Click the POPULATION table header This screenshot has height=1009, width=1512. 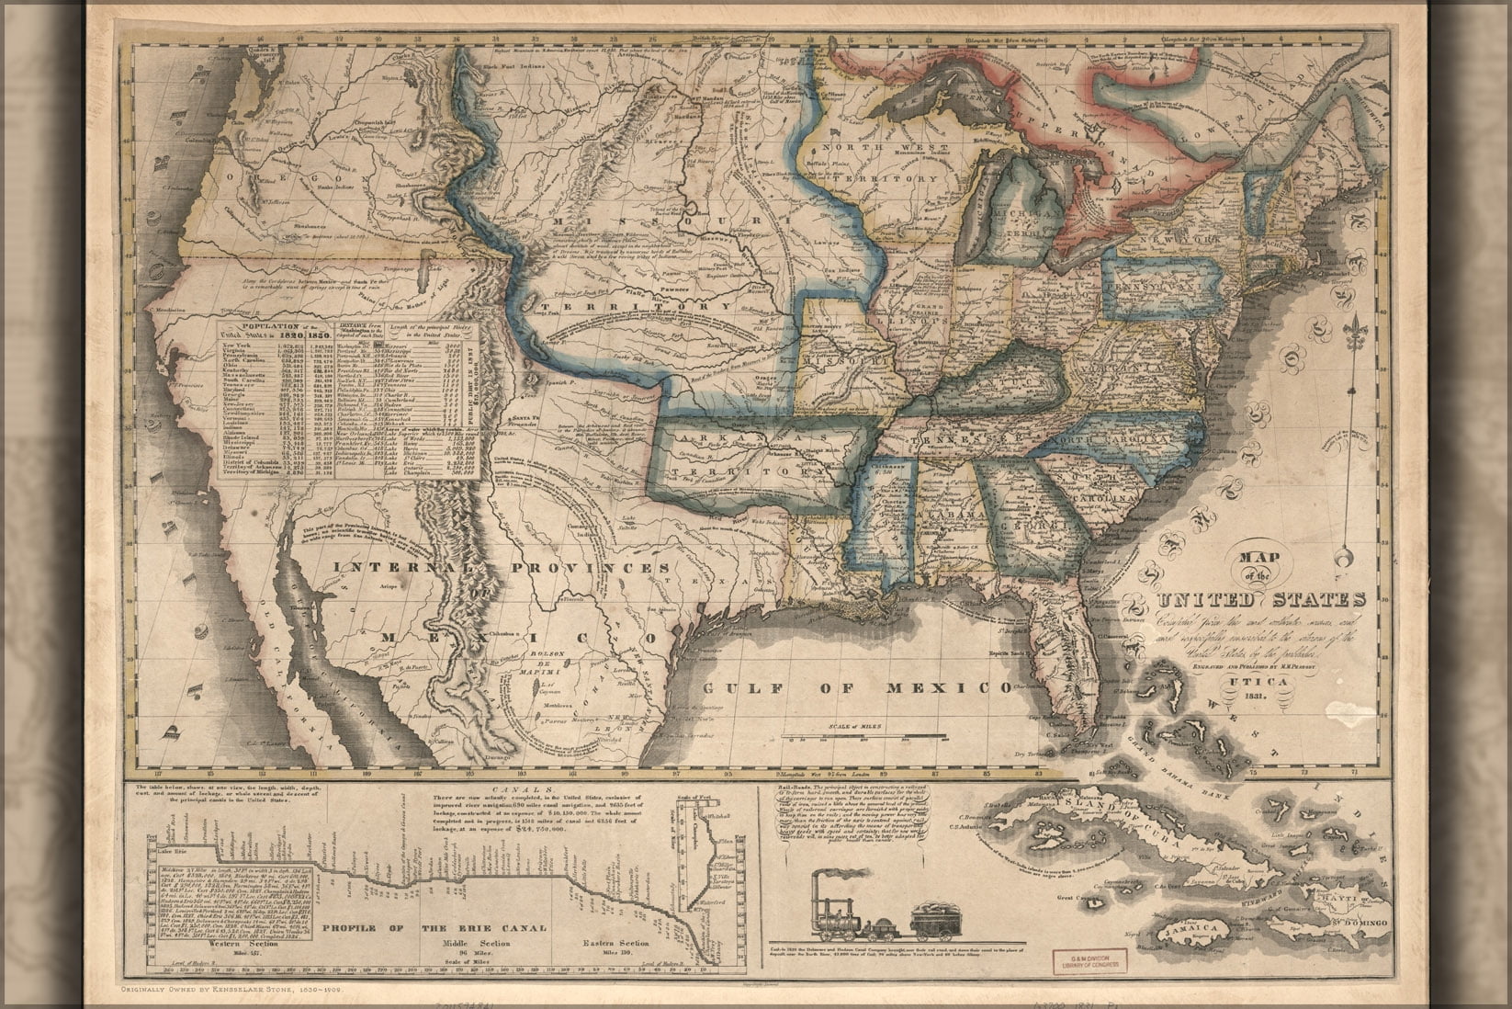click(x=268, y=326)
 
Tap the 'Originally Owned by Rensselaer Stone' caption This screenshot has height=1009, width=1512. click(x=245, y=991)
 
